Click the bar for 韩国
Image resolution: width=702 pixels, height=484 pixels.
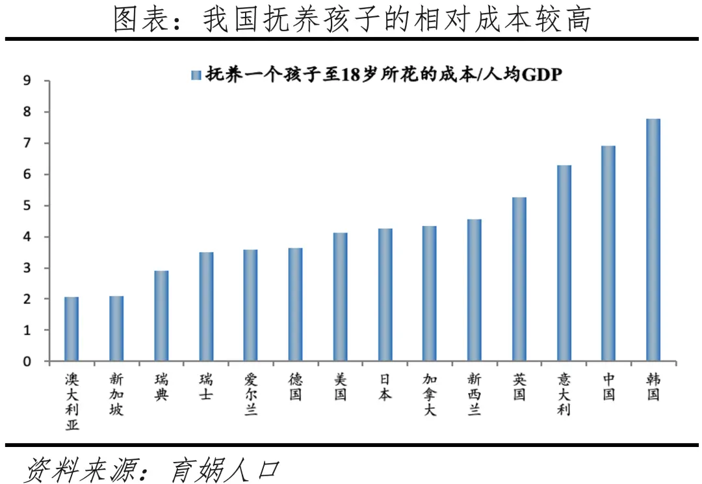653,240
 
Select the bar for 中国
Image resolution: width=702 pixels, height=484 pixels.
608,253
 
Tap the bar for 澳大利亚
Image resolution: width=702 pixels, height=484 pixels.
71,329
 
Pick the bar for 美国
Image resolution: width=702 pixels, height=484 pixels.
340,297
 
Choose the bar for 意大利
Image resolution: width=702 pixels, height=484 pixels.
564,263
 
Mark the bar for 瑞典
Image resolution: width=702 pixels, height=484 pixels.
161,316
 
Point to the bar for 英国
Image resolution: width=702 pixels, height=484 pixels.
519,279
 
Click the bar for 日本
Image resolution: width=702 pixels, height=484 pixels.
385,294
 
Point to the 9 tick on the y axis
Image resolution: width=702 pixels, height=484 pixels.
27,81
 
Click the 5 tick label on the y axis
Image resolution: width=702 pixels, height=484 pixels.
27,206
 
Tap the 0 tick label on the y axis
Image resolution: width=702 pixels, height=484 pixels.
27,362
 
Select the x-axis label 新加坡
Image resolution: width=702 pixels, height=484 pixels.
116,394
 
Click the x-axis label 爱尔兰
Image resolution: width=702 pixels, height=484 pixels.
251,394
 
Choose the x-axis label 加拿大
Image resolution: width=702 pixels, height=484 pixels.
430,394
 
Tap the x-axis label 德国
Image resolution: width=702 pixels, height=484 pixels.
295,387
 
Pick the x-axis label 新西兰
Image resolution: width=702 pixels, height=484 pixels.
474,394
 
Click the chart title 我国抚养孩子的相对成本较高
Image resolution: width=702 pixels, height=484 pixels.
396,19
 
